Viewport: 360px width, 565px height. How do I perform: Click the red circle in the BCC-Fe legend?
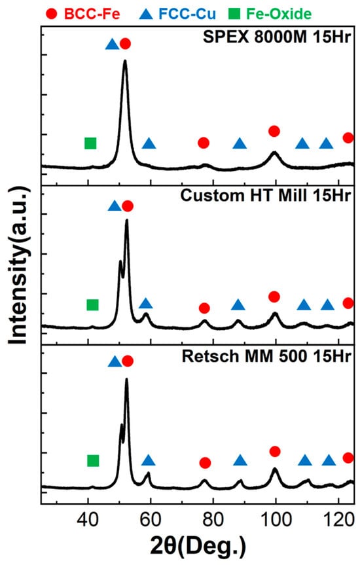pyautogui.click(x=52, y=14)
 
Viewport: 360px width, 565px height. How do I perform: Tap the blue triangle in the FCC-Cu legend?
pyautogui.click(x=147, y=14)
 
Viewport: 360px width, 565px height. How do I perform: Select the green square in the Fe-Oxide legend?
pyautogui.click(x=234, y=14)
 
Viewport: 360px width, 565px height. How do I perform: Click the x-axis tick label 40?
pyautogui.click(x=88, y=520)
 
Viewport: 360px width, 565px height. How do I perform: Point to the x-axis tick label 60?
pyautogui.click(x=151, y=520)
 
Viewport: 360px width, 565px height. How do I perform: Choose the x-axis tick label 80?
pyautogui.click(x=213, y=520)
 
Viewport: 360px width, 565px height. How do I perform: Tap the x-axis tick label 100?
pyautogui.click(x=276, y=520)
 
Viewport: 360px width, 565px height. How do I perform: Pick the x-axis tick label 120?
pyautogui.click(x=339, y=520)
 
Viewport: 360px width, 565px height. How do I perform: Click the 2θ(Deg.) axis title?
pyautogui.click(x=198, y=546)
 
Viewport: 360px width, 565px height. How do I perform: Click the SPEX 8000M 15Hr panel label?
pyautogui.click(x=277, y=37)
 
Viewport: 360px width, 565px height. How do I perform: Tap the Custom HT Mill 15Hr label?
pyautogui.click(x=266, y=196)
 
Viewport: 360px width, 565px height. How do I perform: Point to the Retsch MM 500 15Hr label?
pyautogui.click(x=266, y=356)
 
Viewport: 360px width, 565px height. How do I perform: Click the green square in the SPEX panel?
pyautogui.click(x=90, y=143)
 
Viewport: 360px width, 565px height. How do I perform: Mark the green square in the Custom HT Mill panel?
pyautogui.click(x=92, y=305)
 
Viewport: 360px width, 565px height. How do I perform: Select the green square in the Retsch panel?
pyautogui.click(x=93, y=460)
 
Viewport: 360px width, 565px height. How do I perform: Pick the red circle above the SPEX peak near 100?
pyautogui.click(x=274, y=131)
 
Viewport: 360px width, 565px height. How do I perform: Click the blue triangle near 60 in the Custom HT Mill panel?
pyautogui.click(x=145, y=303)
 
